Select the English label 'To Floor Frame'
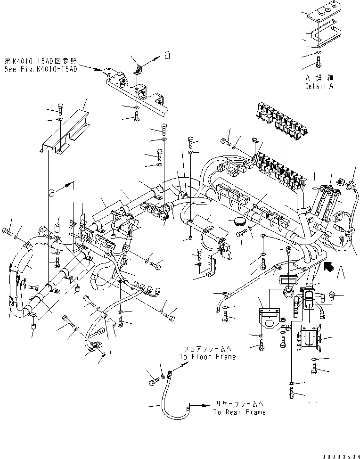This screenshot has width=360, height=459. click(x=207, y=357)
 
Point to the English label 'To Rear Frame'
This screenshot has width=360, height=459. click(x=239, y=412)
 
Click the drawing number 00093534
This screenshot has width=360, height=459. click(x=341, y=456)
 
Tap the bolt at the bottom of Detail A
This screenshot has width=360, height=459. click(x=319, y=61)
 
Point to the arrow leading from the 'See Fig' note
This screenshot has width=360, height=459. click(x=95, y=69)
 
